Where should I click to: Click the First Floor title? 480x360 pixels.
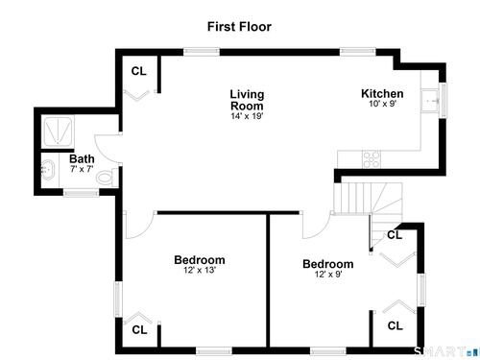tap(239, 27)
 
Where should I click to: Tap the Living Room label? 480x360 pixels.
tap(247, 100)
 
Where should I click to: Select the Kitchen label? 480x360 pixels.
tap(382, 93)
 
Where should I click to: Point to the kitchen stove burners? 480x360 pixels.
tap(372, 159)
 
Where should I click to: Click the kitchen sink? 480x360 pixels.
tap(430, 101)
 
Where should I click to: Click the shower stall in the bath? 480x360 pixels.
tap(58, 131)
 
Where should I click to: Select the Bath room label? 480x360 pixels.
tap(82, 158)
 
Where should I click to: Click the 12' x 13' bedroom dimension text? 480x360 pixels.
tap(200, 270)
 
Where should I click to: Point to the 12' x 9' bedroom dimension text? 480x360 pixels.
tap(328, 275)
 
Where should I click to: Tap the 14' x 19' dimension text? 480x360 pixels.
tap(247, 116)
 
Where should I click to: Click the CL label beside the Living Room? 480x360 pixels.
tap(139, 71)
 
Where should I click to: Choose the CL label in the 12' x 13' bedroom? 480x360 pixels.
tap(139, 329)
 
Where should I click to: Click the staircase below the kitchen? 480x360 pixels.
tap(368, 199)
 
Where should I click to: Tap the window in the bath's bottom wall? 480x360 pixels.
tap(81, 192)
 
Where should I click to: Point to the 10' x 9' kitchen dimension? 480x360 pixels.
tap(383, 104)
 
